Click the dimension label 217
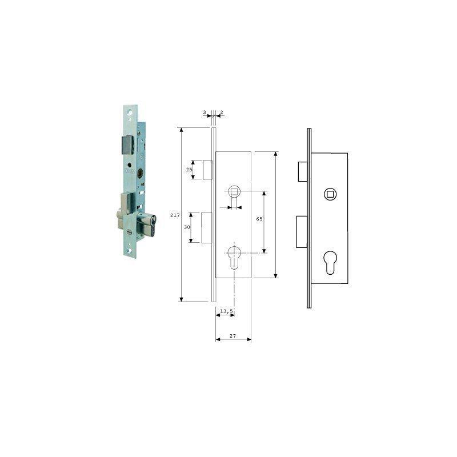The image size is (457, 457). point(175,215)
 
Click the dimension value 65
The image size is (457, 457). point(259,219)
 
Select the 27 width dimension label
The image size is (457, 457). point(232,336)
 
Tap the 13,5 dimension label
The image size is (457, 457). point(226,311)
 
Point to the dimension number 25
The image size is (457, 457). point(189,170)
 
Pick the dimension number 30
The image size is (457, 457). point(187,227)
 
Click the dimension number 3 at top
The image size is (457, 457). point(205,112)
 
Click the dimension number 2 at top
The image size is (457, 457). point(222,112)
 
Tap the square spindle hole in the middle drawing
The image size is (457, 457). point(234,191)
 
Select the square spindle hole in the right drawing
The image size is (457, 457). point(331,194)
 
